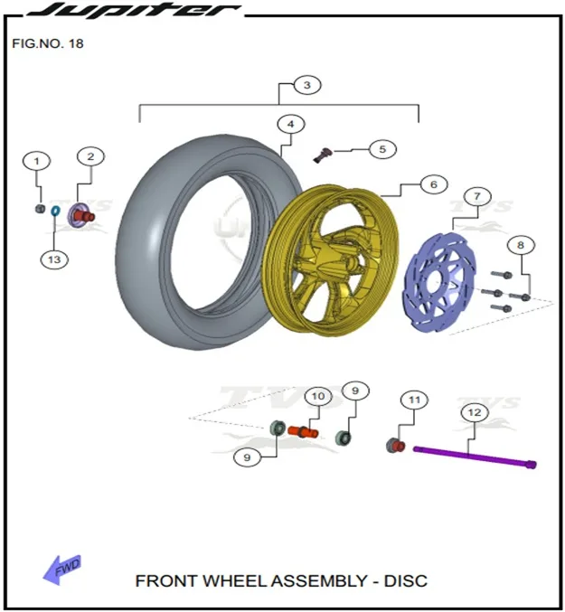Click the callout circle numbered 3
click(307, 85)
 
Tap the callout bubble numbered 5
click(382, 149)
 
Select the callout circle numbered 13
click(54, 259)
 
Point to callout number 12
click(474, 412)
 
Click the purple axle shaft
click(475, 457)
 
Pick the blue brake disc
click(439, 282)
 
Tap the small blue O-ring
click(55, 212)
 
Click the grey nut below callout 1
click(40, 209)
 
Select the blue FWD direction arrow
click(61, 570)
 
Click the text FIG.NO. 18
click(48, 43)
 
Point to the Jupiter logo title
click(134, 9)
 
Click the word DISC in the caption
click(405, 580)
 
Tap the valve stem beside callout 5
click(323, 155)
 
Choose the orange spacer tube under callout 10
click(303, 432)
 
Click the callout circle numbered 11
click(414, 400)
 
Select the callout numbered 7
click(476, 196)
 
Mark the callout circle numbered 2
click(90, 157)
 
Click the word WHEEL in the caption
click(235, 580)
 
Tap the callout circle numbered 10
click(318, 397)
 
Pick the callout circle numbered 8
click(521, 245)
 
